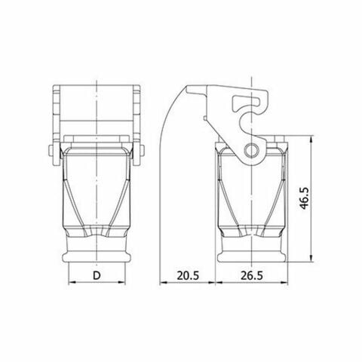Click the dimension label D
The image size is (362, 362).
click(x=97, y=275)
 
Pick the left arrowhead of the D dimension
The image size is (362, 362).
click(x=71, y=284)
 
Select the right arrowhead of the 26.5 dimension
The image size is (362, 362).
click(x=286, y=284)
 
